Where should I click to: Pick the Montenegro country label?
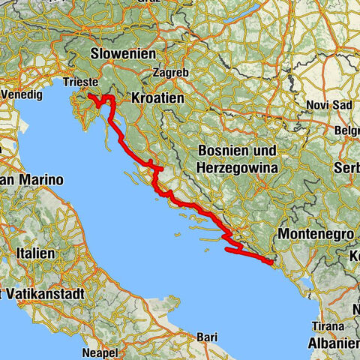pos(315,235)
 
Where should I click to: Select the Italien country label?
pos(31,254)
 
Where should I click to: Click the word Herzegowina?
pos(237,169)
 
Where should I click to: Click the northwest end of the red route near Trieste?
pos(89,97)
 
